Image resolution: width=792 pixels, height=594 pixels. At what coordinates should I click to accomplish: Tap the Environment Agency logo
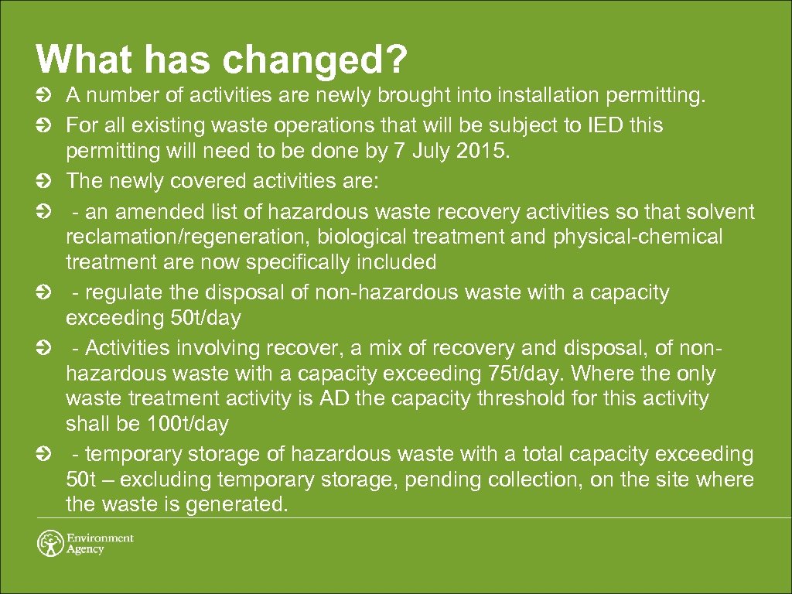[85, 543]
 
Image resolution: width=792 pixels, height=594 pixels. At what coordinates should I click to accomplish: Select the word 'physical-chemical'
[638, 237]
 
